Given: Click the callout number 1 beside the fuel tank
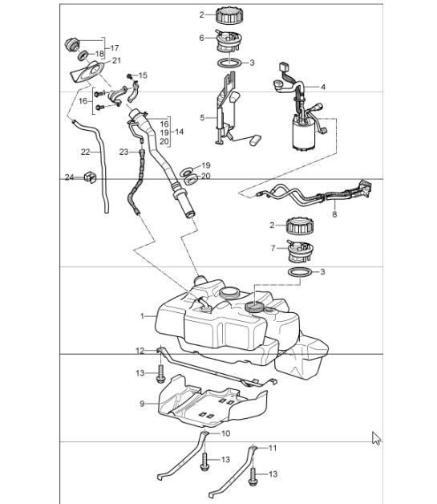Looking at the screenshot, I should [x=142, y=316].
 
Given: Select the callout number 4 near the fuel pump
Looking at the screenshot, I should [x=322, y=86].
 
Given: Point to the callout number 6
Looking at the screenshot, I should [x=202, y=38].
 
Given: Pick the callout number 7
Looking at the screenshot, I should [x=273, y=247].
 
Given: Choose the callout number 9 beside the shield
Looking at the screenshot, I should [x=142, y=404].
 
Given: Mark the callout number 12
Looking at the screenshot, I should [x=139, y=351].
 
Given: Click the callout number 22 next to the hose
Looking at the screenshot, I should [x=85, y=150].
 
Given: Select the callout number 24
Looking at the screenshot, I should [x=68, y=177].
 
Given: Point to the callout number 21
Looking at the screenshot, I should [x=116, y=61].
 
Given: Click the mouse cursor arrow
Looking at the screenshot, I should [x=376, y=437].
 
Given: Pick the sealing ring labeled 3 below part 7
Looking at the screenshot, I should [x=299, y=276].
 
